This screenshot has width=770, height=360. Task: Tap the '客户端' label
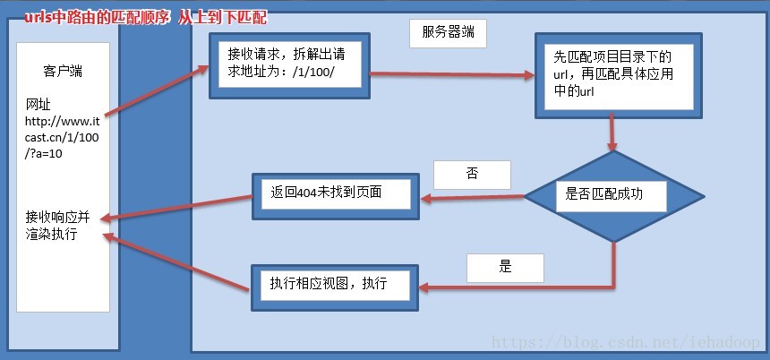tap(62, 69)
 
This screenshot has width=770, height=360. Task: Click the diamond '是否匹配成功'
tap(612, 193)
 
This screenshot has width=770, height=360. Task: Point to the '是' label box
tap(504, 267)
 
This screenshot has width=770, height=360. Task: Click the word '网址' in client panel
tap(38, 105)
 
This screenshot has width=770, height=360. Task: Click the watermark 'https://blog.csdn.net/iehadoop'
tap(628, 343)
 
